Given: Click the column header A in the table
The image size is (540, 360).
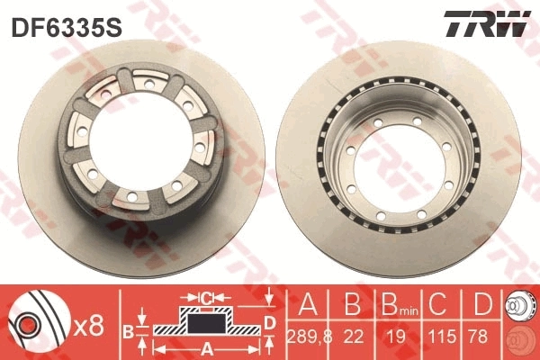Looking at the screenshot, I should click(x=306, y=304).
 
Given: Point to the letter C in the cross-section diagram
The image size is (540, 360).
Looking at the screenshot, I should click(x=206, y=296).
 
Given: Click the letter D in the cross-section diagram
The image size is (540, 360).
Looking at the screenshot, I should click(x=271, y=323).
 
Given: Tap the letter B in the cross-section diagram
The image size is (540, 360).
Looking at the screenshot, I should click(x=129, y=331).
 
